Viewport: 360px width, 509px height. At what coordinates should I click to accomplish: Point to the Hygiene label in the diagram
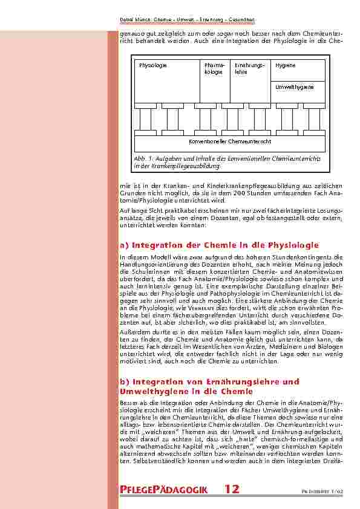coord(285,65)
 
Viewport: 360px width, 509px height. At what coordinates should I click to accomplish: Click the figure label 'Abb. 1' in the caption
coord(141,158)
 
